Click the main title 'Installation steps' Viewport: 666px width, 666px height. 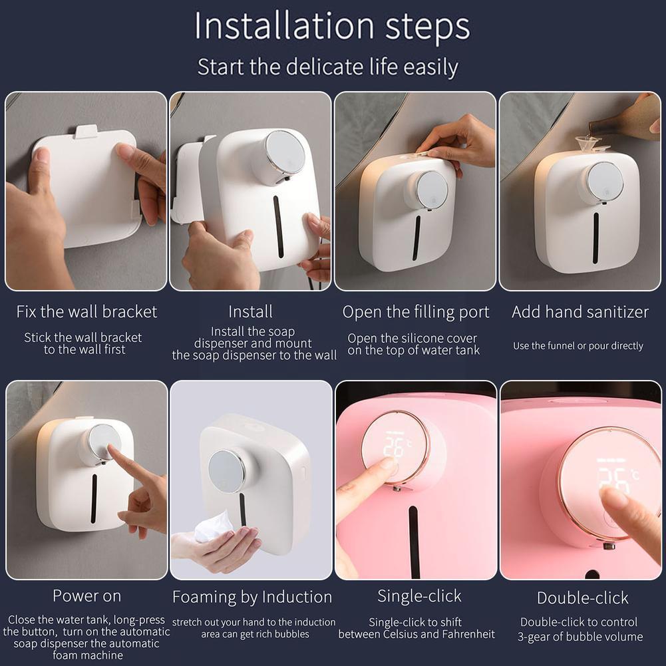click(x=332, y=27)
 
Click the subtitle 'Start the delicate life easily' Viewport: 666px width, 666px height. click(x=327, y=67)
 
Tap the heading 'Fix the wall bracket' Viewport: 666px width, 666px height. click(x=86, y=311)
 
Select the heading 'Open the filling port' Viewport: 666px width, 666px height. click(x=416, y=312)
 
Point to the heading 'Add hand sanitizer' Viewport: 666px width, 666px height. click(x=580, y=312)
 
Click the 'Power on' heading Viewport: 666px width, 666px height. click(x=86, y=595)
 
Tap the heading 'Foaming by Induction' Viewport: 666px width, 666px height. click(x=252, y=597)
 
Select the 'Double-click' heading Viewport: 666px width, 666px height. click(x=582, y=597)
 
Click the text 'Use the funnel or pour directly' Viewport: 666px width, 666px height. click(x=578, y=346)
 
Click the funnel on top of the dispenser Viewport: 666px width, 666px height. click(x=587, y=142)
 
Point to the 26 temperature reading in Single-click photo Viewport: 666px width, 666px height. click(x=394, y=447)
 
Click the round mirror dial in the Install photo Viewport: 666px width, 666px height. click(x=285, y=152)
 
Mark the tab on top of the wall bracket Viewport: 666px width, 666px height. click(x=86, y=132)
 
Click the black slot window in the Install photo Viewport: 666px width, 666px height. click(x=278, y=226)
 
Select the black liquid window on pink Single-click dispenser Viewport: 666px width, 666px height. click(x=415, y=542)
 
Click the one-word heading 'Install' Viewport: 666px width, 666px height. click(x=251, y=312)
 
